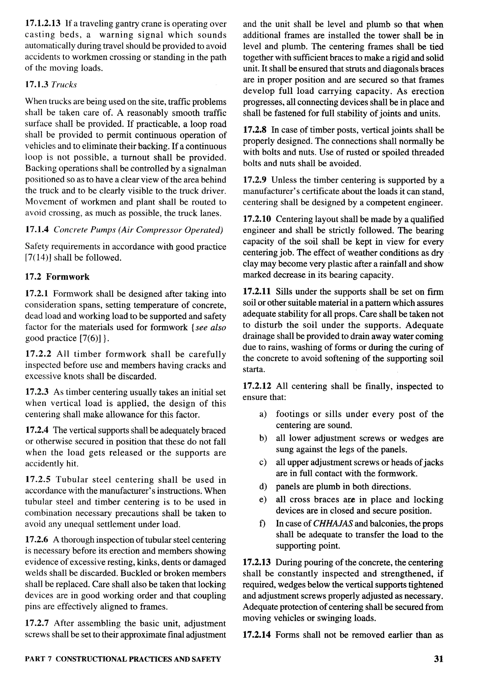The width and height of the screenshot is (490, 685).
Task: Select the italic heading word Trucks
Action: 64,85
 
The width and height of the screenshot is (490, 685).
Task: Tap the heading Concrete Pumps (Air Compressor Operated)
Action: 138,230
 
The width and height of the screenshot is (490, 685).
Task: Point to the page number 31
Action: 438,659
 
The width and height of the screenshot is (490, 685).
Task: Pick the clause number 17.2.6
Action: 37,540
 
